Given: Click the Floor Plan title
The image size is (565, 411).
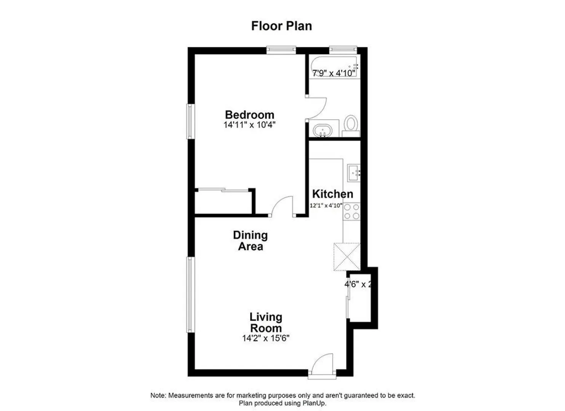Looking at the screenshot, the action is [x=281, y=26].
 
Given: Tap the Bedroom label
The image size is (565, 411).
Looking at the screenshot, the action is [x=250, y=115].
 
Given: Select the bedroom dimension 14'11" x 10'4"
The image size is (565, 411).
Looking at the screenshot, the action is [x=249, y=125].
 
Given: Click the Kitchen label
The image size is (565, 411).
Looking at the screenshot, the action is [x=333, y=194].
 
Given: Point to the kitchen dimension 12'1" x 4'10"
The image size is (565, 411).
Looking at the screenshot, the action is [x=326, y=205].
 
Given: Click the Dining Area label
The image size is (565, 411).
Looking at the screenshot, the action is [x=251, y=241].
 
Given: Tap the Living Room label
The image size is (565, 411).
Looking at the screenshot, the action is [x=266, y=322].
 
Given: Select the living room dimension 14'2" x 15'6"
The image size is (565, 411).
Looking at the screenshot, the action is [x=266, y=338].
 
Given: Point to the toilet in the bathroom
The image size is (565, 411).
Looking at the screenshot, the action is [x=351, y=126].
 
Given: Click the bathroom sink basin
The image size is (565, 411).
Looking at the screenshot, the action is [x=322, y=131].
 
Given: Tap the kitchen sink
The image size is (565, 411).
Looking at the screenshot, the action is [x=354, y=173].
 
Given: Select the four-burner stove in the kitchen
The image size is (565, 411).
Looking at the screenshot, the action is [x=352, y=212].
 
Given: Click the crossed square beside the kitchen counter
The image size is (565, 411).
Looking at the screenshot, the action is [x=347, y=257].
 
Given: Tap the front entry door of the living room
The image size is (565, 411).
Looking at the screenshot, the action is [x=322, y=365].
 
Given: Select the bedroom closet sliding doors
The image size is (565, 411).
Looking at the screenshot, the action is [x=223, y=190].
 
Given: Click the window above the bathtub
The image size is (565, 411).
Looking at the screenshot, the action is [x=343, y=50].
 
